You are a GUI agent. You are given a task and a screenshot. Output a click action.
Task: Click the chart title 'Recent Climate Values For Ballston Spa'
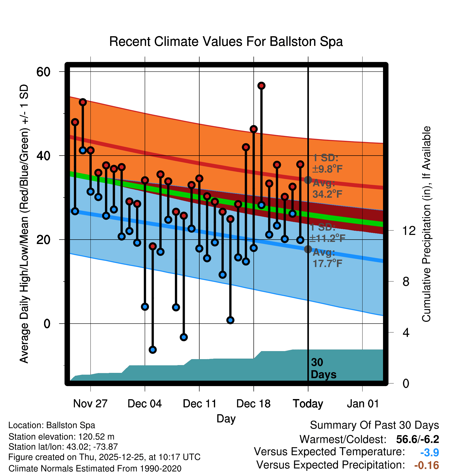226,41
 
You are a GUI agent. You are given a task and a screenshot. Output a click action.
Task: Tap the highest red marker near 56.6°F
261,86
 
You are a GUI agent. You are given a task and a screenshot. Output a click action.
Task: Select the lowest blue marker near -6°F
153,350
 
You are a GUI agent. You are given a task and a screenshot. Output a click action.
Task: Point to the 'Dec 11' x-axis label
199,404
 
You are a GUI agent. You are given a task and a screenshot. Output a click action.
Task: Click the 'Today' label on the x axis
308,404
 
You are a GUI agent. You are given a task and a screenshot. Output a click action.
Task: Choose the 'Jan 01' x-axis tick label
363,404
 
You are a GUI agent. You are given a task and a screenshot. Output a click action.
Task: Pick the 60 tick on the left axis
43,72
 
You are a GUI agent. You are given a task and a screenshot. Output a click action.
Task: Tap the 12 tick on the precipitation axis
409,231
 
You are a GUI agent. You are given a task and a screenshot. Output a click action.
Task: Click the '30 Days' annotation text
323,368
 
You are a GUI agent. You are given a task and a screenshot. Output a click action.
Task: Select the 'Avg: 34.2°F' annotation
327,189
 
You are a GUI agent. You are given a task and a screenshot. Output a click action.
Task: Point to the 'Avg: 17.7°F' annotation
327,258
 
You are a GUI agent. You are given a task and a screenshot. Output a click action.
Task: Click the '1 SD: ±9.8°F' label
327,163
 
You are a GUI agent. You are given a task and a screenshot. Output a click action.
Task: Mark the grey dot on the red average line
308,180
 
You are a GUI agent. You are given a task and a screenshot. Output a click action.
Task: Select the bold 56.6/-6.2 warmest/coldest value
417,439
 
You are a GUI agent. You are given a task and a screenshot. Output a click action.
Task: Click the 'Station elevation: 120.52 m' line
61,437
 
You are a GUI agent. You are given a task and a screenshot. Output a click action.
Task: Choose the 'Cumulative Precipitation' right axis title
426,224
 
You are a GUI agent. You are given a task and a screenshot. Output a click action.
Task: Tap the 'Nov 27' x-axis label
90,404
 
